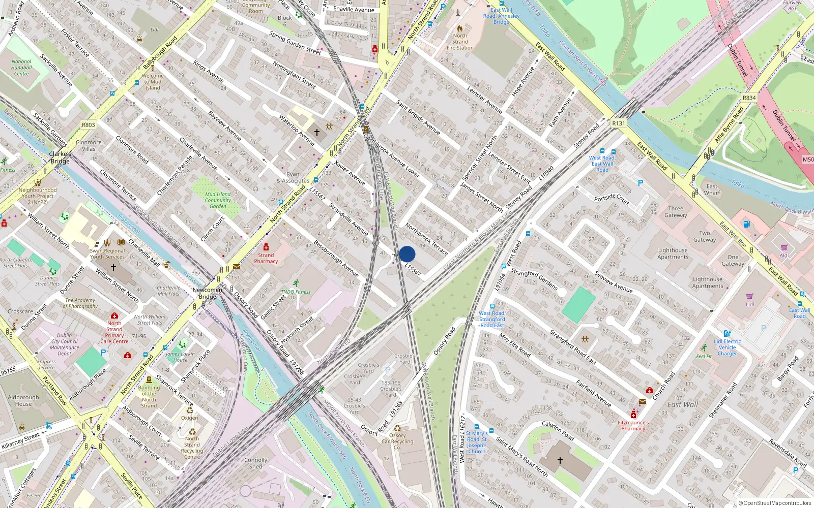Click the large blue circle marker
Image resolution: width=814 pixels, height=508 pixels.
pos(407,254)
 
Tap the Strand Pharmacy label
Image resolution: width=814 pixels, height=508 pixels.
pos(266,258)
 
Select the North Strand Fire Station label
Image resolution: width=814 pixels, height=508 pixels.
pos(460,42)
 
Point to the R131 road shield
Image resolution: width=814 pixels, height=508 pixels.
pos(618,123)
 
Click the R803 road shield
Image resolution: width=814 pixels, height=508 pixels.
pos(89,124)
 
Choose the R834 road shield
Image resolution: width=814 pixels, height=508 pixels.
pos(749,98)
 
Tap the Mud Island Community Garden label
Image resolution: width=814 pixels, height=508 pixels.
pos(218,200)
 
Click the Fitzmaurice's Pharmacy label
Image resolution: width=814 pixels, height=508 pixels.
pos(633,425)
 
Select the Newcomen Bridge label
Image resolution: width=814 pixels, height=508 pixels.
pos(207,293)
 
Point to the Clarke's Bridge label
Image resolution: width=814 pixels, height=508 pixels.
pos(60,157)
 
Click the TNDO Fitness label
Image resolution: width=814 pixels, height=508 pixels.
pos(296,292)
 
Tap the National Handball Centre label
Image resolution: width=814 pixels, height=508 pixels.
pos(21,68)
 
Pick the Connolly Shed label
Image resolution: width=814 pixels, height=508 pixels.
pos(255,463)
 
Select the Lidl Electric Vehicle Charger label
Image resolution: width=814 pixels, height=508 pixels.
pos(727,347)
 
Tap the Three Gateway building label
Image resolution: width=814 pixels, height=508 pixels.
pos(676,212)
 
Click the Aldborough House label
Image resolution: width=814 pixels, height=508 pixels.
pos(23,400)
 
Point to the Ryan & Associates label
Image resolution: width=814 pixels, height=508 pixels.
pos(293,177)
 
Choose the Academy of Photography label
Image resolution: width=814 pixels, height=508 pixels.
pos(80,303)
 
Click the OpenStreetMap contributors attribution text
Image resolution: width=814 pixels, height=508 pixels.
pos(775,503)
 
